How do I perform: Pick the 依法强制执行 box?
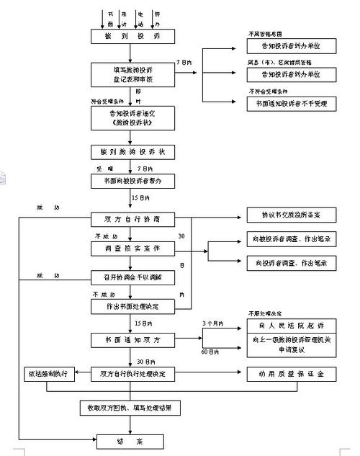coord(49,374)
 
